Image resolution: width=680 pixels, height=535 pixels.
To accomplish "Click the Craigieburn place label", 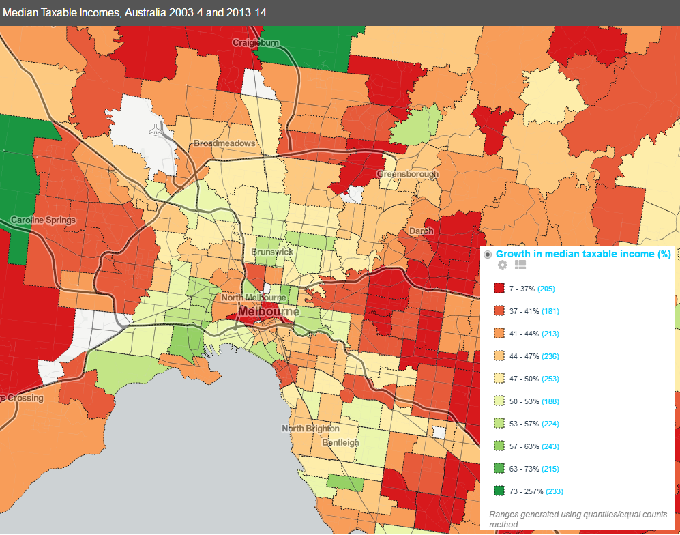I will pyautogui.click(x=256, y=42).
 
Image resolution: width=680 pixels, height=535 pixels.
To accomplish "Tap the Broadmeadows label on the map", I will pyautogui.click(x=224, y=144).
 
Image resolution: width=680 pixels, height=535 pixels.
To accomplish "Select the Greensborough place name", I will pyautogui.click(x=407, y=174).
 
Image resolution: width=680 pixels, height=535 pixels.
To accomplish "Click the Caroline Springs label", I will pyautogui.click(x=44, y=220).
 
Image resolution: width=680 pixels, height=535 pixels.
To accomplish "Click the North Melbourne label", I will pyautogui.click(x=253, y=298).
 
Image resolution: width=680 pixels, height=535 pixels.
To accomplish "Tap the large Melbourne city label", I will pyautogui.click(x=269, y=312).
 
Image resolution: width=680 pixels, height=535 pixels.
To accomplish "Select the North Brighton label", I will pyautogui.click(x=310, y=429).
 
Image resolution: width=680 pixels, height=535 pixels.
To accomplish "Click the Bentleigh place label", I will pyautogui.click(x=340, y=442).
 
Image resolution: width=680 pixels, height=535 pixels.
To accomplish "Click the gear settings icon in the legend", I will pyautogui.click(x=503, y=265).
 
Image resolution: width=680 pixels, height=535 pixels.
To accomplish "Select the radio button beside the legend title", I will pyautogui.click(x=488, y=255).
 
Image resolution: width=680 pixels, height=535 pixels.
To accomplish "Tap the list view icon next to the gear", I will pyautogui.click(x=520, y=265).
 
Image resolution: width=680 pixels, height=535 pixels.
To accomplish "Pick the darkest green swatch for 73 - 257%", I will pyautogui.click(x=499, y=491).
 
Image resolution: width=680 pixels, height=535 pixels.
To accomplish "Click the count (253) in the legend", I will pyautogui.click(x=551, y=379).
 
